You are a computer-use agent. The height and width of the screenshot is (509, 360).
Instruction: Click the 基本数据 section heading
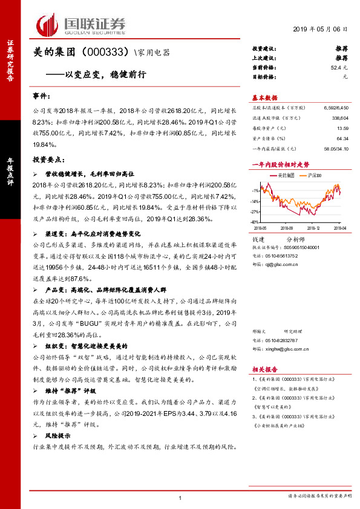[x=264, y=97]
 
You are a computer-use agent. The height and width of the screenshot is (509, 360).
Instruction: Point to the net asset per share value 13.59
[x=343, y=128]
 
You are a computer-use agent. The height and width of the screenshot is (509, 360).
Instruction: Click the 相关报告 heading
[x=264, y=368]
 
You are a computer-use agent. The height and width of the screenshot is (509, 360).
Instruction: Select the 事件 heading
[x=41, y=96]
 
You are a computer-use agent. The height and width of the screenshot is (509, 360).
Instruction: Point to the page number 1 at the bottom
[x=180, y=498]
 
